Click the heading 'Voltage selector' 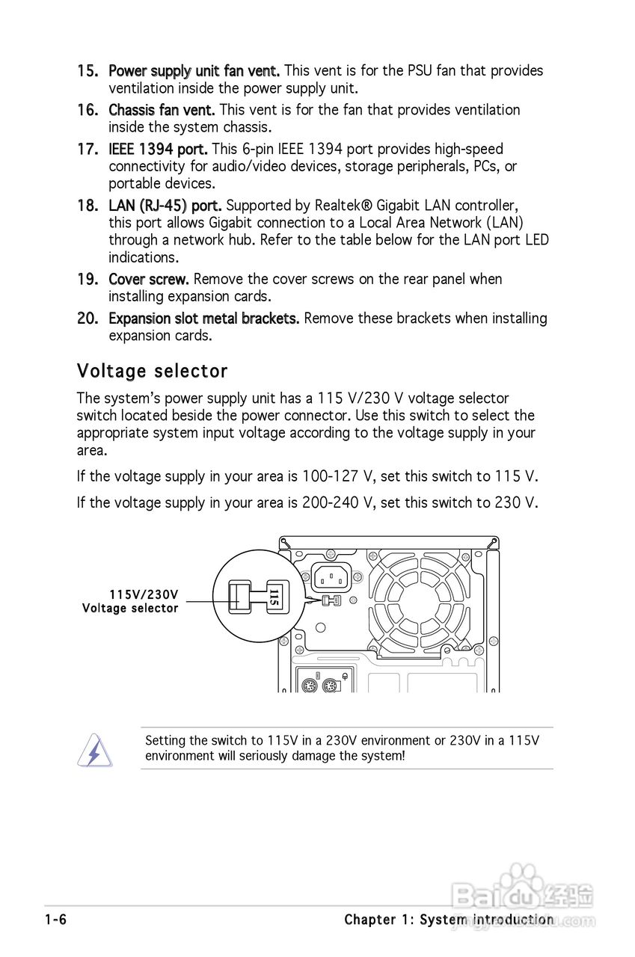pos(152,371)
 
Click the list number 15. pos(88,71)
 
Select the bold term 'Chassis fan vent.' pos(162,110)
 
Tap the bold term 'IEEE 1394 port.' pos(158,150)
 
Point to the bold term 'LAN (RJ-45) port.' pos(165,206)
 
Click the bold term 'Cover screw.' pos(149,279)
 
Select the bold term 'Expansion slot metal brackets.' pos(204,319)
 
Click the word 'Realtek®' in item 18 pos(343,206)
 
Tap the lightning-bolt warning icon pos(94,750)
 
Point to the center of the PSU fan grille pos(420,600)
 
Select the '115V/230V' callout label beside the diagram pos(144,595)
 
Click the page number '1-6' pos(56,920)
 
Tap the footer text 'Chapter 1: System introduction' pos(449,920)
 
